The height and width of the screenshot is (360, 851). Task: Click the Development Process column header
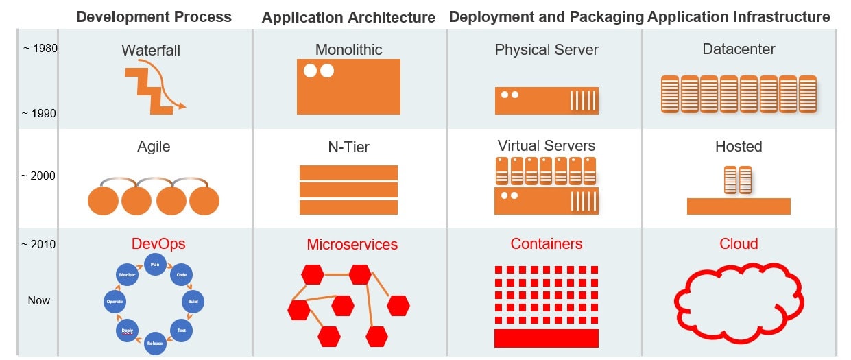coord(154,16)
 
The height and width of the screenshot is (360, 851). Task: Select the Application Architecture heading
coord(348,18)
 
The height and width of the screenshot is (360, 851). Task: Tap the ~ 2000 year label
coord(38,176)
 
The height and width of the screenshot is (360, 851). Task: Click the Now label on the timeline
coord(39,300)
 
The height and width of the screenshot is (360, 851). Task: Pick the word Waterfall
coord(151,50)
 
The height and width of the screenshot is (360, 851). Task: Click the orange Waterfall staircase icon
coord(149,89)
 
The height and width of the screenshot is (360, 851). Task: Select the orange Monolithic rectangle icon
coord(348,86)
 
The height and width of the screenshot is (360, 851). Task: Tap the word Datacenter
coord(739,49)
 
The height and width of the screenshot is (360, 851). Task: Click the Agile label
coord(154,146)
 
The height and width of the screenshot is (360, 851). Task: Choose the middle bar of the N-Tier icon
coord(348,190)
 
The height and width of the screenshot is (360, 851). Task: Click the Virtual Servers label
coord(546,145)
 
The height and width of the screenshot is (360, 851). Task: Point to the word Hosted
coord(739,146)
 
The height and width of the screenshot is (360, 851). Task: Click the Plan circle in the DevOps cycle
coord(155,264)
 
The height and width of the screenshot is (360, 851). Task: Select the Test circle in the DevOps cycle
coord(182,330)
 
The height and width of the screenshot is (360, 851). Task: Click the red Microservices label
coord(352,244)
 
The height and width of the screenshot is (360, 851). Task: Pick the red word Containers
coord(546,243)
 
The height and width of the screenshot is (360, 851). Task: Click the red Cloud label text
coord(739,243)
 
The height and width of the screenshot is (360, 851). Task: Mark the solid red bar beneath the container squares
coord(546,338)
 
